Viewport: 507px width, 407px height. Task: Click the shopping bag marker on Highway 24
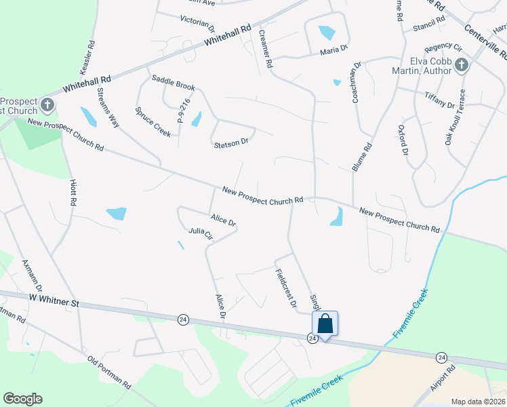point(325,324)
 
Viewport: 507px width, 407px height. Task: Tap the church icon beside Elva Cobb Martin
point(462,66)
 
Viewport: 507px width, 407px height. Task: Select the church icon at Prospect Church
point(47,104)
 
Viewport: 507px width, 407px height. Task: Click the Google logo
point(22,399)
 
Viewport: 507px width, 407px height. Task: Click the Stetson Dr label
point(231,144)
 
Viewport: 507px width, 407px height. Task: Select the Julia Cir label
point(201,235)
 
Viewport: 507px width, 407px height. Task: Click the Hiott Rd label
point(73,193)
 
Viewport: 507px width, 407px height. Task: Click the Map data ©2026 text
point(478,402)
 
